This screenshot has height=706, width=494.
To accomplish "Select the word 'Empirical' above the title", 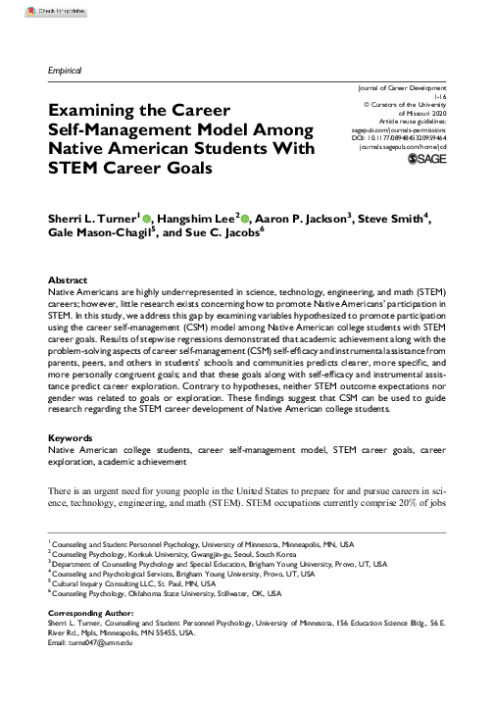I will (x=64, y=72).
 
